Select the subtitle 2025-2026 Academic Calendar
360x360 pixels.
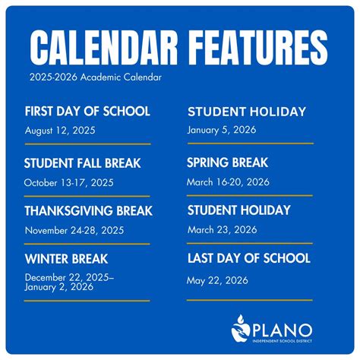[x=96, y=77]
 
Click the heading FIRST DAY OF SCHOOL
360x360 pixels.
[x=87, y=112]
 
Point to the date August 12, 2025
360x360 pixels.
[x=59, y=131]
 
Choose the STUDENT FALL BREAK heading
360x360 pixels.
[x=83, y=163]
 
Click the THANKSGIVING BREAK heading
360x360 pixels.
[x=88, y=210]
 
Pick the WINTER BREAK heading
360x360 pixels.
[x=66, y=259]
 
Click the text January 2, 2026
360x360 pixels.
[x=58, y=287]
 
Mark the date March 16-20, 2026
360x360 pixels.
[x=228, y=182]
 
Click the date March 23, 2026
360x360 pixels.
[x=222, y=229]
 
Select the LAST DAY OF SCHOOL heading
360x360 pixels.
[x=248, y=258]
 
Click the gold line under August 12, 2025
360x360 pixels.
[x=87, y=144]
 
